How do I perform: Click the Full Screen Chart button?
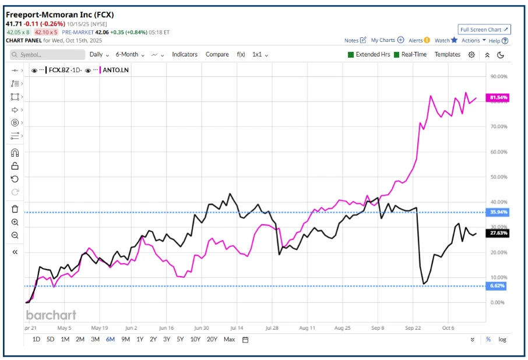coord(484,29)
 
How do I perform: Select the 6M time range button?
coord(110,339)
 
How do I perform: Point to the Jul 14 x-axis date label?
coord(237,328)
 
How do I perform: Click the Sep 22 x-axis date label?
coord(413,328)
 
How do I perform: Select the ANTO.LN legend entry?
coord(115,70)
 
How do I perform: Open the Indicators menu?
coord(184,54)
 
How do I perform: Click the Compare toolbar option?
coord(217,54)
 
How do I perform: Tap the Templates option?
coord(448,54)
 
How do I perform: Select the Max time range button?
coord(229,339)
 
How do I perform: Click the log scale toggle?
coord(502,339)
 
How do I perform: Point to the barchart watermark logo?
coord(51,315)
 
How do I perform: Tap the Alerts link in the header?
coord(416,40)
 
